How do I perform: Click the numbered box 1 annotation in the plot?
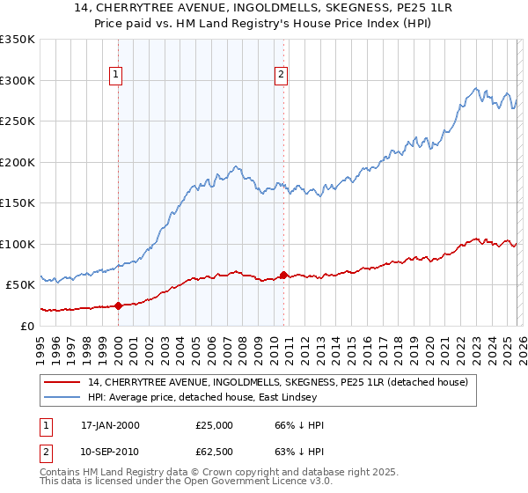pos(117,75)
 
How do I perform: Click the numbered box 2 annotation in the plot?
pos(282,75)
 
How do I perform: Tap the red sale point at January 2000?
pos(118,305)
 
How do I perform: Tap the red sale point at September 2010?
pos(283,275)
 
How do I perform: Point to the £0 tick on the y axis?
pos(28,326)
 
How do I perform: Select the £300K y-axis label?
pos(18,80)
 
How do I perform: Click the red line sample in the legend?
pos(62,382)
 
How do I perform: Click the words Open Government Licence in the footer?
pos(269,483)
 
